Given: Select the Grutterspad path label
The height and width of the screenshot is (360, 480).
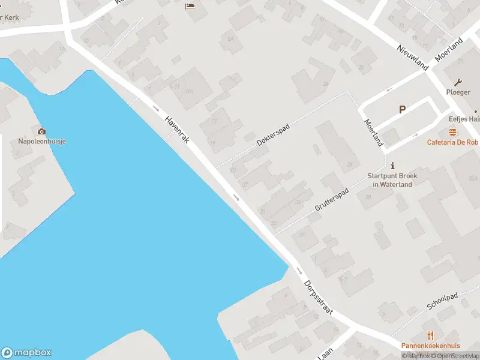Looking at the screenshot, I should [331, 199].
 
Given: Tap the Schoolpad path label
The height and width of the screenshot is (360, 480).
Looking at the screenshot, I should [442, 301].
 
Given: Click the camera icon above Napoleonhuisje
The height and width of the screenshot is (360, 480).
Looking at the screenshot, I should [41, 131].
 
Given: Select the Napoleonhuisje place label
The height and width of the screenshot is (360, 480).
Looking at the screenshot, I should [41, 142].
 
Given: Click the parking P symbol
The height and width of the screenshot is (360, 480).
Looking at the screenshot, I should [402, 110].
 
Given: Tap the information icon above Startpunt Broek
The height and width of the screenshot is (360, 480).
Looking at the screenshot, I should [392, 165].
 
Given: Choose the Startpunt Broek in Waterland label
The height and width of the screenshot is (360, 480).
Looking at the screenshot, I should [392, 180].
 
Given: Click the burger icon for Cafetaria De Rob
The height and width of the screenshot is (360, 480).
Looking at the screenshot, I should [452, 132].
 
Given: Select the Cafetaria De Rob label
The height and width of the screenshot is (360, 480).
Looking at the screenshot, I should [452, 143].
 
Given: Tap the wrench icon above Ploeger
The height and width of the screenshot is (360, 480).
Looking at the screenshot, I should [458, 82].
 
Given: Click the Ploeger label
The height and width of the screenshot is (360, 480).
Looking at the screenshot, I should [458, 92].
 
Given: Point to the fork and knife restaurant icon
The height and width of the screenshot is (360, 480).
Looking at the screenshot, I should [430, 335].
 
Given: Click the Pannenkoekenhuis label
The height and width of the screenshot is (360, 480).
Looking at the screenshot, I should [430, 346].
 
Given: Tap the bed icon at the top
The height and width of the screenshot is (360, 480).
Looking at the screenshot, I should [190, 7].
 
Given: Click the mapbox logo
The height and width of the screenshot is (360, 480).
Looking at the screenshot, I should [26, 353].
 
